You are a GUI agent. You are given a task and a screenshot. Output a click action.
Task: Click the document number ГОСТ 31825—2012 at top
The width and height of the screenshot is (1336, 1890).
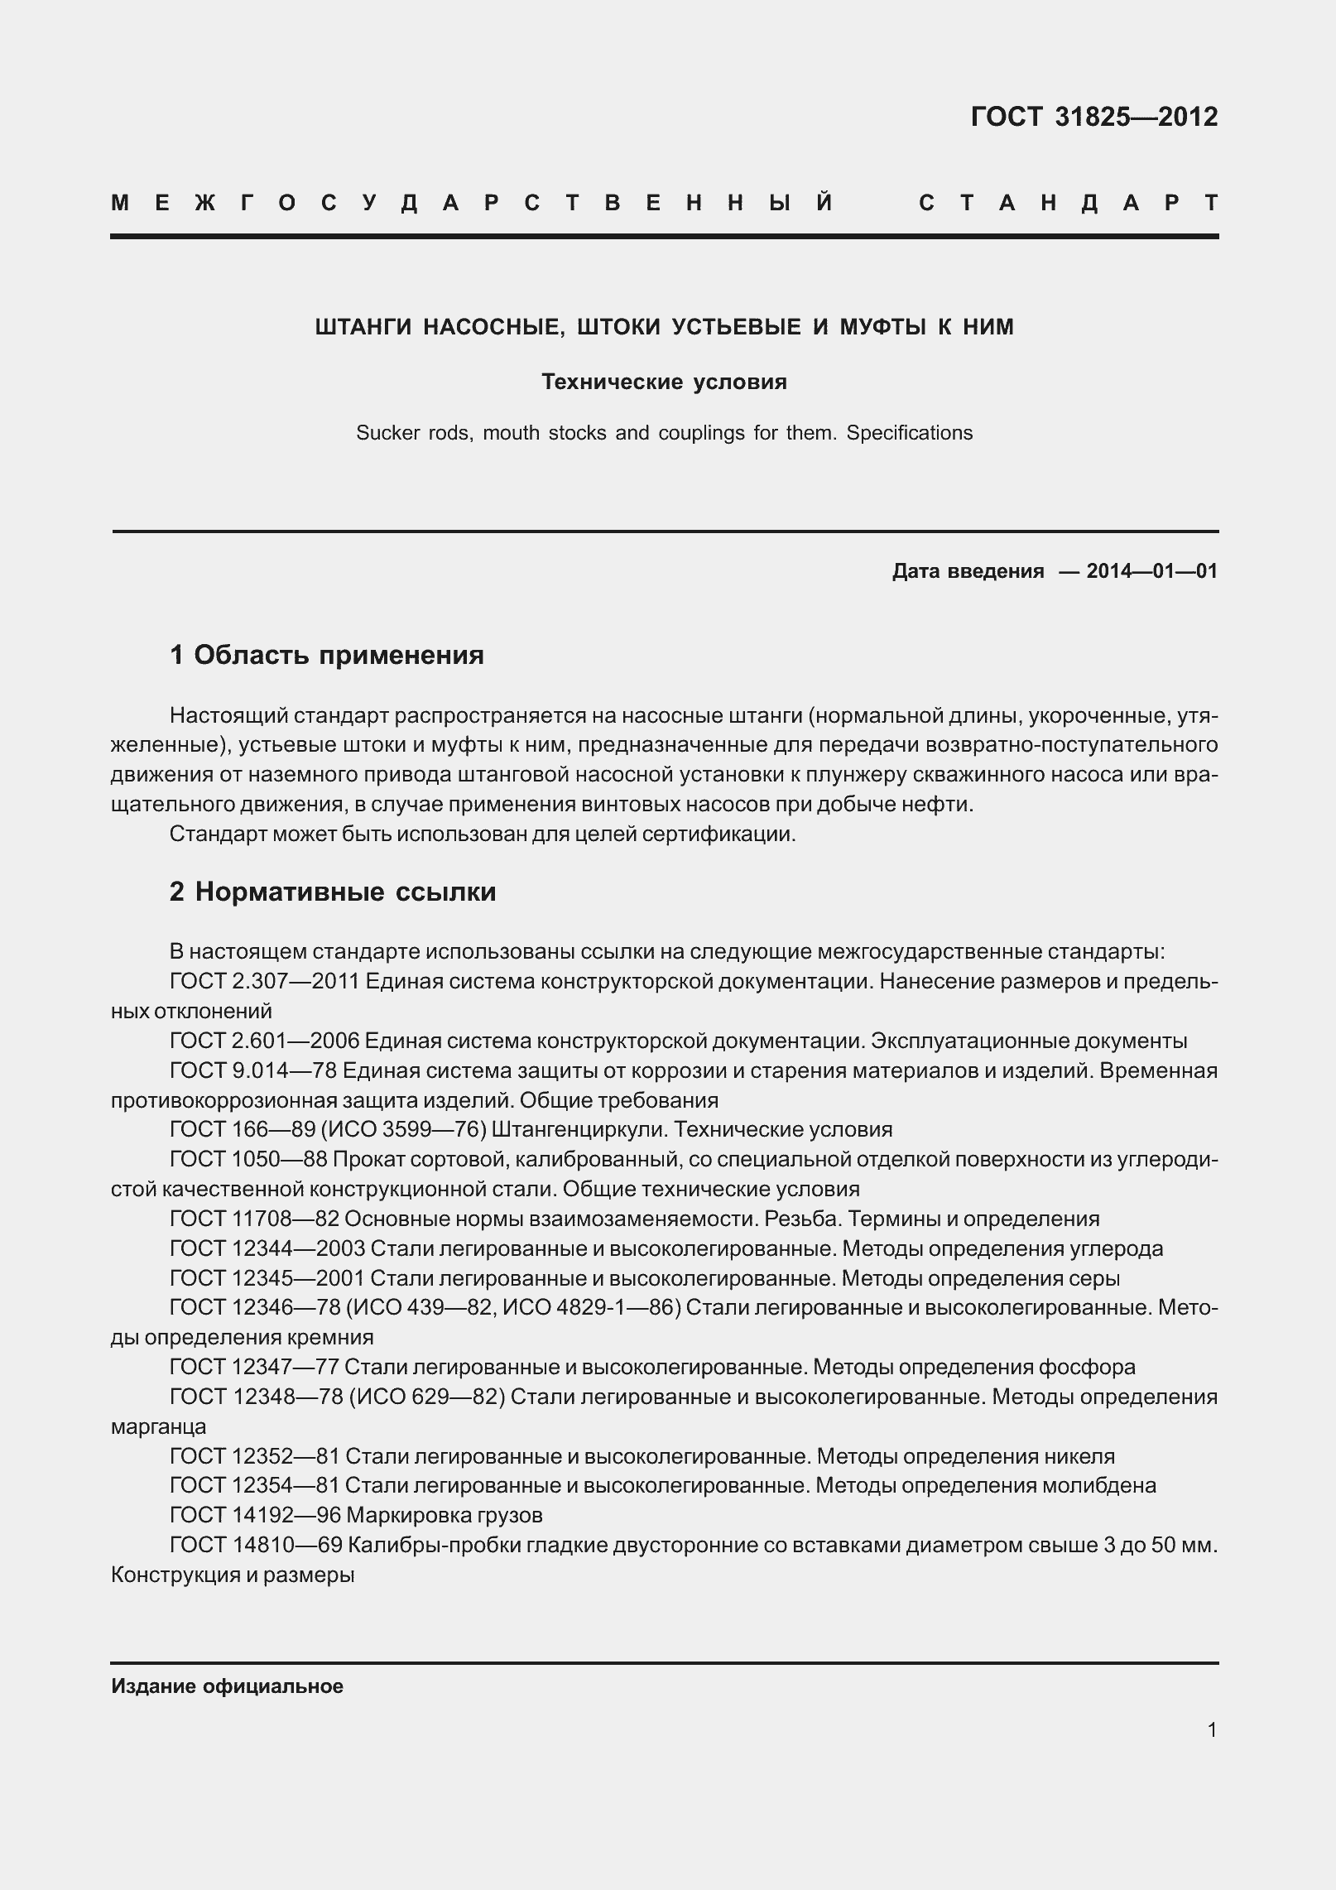pyautogui.click(x=1093, y=118)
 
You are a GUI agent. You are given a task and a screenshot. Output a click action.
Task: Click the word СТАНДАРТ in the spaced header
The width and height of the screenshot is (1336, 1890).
pyautogui.click(x=1068, y=204)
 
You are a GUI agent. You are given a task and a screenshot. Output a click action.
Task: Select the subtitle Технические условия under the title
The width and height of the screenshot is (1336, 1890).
pyautogui.click(x=664, y=382)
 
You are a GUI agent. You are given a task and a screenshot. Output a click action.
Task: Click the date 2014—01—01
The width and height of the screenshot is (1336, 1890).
pyautogui.click(x=1151, y=571)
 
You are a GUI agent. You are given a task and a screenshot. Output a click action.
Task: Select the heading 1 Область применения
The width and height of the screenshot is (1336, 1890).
pyautogui.click(x=326, y=655)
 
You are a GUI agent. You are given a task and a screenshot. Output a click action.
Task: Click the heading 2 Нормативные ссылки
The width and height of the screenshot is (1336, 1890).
pyautogui.click(x=332, y=892)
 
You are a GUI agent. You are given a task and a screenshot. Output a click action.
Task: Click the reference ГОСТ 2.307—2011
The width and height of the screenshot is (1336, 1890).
pyautogui.click(x=263, y=981)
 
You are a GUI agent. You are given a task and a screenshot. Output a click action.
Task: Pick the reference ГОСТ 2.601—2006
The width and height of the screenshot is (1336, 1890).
pyautogui.click(x=263, y=1041)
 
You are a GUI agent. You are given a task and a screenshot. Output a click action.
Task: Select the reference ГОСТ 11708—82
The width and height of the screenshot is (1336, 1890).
pyautogui.click(x=253, y=1219)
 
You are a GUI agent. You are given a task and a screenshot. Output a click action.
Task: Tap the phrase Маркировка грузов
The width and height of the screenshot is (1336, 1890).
pyautogui.click(x=444, y=1515)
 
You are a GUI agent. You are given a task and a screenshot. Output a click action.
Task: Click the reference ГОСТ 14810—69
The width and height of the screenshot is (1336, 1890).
pyautogui.click(x=255, y=1545)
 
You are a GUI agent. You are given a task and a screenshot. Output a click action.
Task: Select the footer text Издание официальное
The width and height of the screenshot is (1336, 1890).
pyautogui.click(x=227, y=1686)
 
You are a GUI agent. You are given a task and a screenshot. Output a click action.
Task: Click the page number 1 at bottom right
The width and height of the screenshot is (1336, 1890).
pyautogui.click(x=1212, y=1729)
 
